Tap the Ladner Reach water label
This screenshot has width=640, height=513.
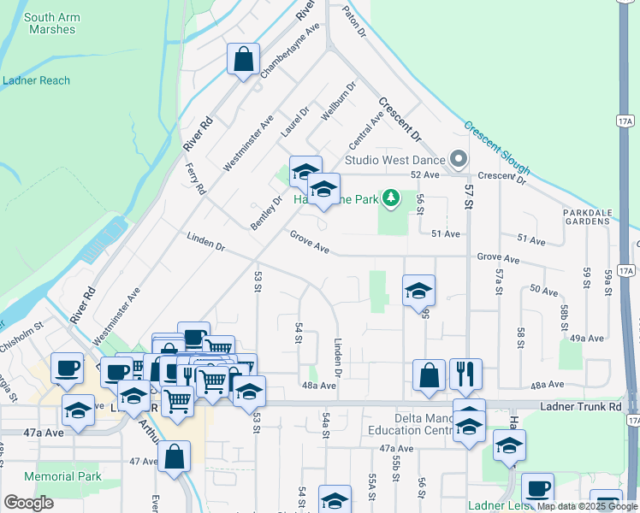coord(36,80)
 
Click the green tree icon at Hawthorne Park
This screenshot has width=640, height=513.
coord(391,199)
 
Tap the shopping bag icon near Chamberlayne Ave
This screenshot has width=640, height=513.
coord(243,60)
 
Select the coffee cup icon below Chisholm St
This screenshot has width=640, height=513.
coord(67,368)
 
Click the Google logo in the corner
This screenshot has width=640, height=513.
coord(28,503)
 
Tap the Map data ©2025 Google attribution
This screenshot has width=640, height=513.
coord(588,506)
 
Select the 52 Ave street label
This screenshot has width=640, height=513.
coord(424,174)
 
